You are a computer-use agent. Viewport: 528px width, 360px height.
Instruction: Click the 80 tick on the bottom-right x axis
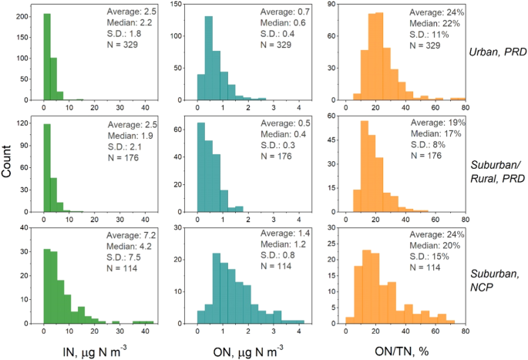pos(465,328)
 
